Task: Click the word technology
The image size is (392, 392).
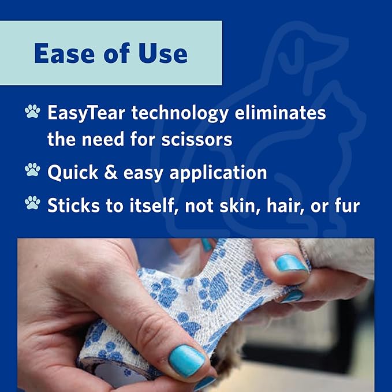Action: (x=180, y=113)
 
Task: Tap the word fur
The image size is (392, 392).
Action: (x=347, y=206)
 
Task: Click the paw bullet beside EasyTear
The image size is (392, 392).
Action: (x=33, y=112)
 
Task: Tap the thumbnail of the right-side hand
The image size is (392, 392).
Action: (x=291, y=264)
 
